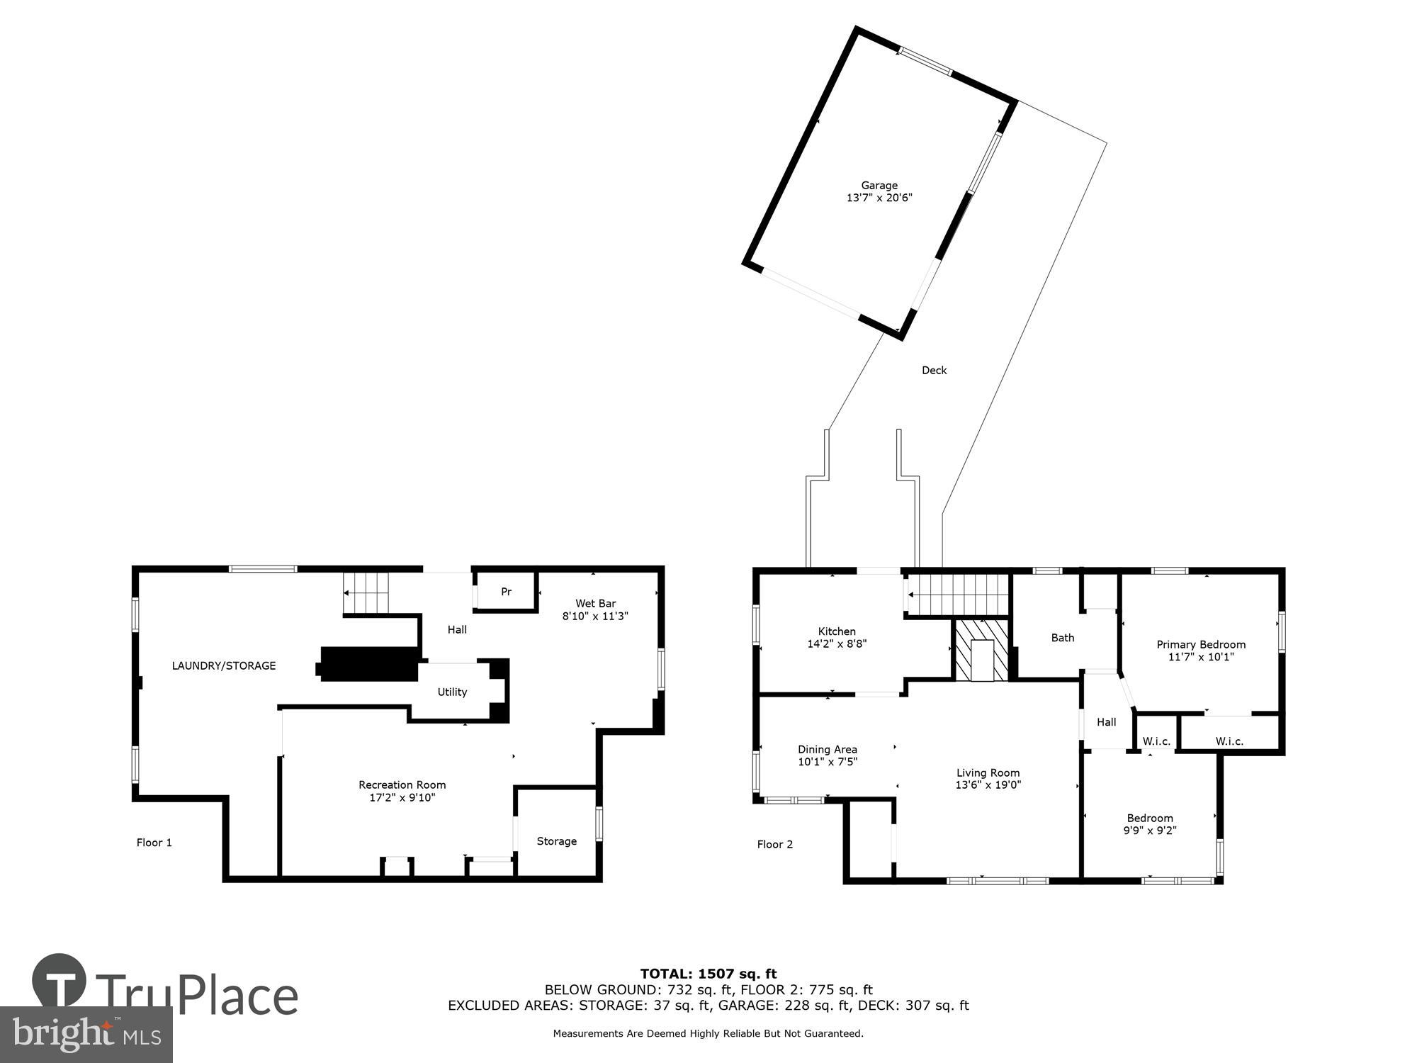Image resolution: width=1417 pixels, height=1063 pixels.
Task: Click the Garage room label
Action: click(x=879, y=186)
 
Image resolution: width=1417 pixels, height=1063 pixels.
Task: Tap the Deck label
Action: click(x=934, y=370)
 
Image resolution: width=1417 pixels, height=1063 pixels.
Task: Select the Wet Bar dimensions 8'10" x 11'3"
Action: click(x=595, y=617)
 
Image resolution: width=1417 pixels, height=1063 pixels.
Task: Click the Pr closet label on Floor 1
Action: click(x=506, y=592)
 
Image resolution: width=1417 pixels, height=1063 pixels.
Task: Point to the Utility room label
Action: click(x=452, y=692)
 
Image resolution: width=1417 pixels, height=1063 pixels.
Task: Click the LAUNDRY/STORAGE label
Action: click(x=224, y=665)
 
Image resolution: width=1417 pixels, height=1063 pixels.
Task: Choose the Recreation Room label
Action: click(x=402, y=784)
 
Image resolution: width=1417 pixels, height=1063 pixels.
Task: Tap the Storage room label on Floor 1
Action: click(x=556, y=841)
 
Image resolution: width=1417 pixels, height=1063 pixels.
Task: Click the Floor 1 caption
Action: click(x=154, y=843)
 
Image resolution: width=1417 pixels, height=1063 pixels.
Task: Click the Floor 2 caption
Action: click(x=775, y=844)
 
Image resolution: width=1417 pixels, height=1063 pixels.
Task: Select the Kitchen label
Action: click(x=837, y=631)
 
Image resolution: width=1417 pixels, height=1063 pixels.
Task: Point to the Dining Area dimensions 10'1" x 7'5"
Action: click(x=828, y=762)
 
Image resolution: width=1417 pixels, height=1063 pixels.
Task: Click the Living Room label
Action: click(x=988, y=773)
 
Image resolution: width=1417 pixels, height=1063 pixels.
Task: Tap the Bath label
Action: click(x=1062, y=638)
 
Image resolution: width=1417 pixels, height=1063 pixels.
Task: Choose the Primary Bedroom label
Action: click(x=1201, y=644)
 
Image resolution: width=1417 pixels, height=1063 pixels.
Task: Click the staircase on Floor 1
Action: click(x=366, y=593)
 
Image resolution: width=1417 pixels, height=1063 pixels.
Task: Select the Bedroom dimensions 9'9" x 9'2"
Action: click(x=1150, y=831)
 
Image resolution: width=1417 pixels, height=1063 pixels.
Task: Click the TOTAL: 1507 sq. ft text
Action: click(x=708, y=974)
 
